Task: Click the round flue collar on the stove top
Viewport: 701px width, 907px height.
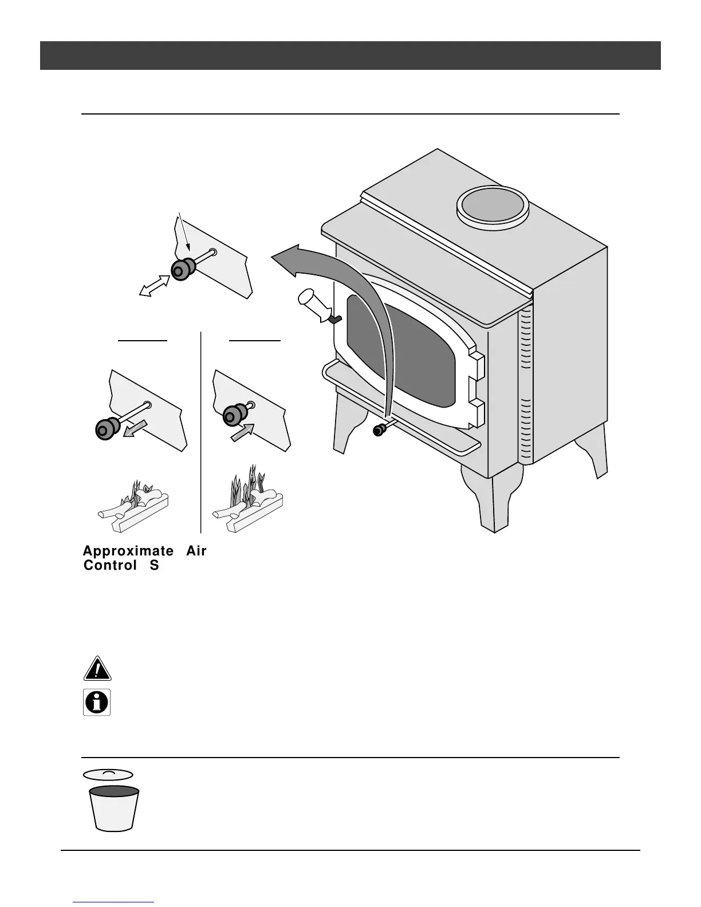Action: pyautogui.click(x=492, y=207)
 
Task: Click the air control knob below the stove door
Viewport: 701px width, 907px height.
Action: pyautogui.click(x=378, y=430)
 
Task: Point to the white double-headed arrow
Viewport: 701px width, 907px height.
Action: pyautogui.click(x=155, y=285)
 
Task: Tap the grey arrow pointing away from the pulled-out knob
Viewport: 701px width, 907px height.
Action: pyautogui.click(x=136, y=429)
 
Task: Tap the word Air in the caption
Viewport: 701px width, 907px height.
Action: pyautogui.click(x=196, y=551)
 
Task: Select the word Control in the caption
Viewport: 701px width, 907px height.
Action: pyautogui.click(x=110, y=566)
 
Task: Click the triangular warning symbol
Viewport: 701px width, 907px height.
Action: pyautogui.click(x=97, y=668)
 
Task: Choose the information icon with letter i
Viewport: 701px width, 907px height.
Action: pyautogui.click(x=97, y=701)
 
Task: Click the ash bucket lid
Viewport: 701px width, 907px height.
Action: pyautogui.click(x=108, y=774)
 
